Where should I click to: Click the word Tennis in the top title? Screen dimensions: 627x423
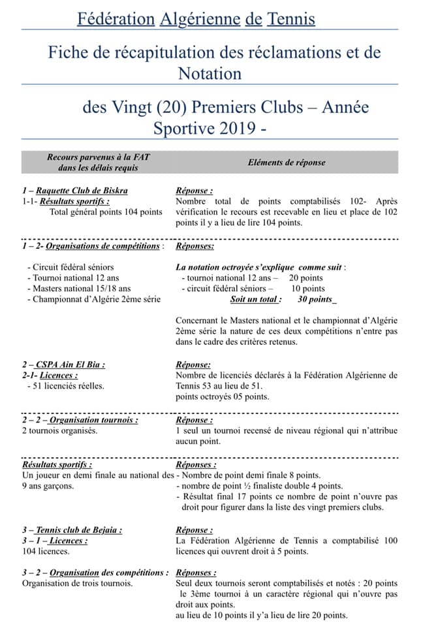pyautogui.click(x=290, y=20)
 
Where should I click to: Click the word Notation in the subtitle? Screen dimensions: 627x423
pyautogui.click(x=210, y=73)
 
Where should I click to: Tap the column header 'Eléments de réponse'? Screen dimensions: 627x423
pyautogui.click(x=287, y=163)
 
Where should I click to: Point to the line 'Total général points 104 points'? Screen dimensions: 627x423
pyautogui.click(x=106, y=212)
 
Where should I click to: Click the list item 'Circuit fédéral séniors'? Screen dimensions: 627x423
pyautogui.click(x=70, y=266)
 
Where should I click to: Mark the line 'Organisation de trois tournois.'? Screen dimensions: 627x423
pyautogui.click(x=78, y=583)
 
